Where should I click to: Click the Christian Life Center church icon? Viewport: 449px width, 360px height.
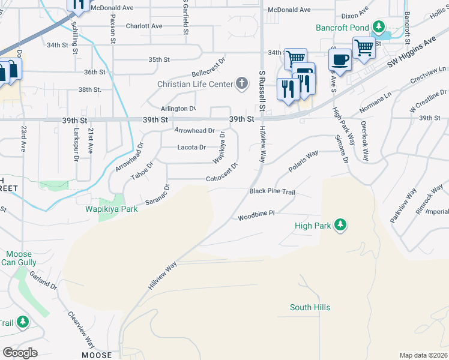242,83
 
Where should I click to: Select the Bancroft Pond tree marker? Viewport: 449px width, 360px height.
379,27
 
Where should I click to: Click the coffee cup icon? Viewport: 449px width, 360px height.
340,60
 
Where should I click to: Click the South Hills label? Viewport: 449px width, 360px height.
310,307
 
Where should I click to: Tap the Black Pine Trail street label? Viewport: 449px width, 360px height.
273,191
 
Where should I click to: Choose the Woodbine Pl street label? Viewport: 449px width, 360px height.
256,214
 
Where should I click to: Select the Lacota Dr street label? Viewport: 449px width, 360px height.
191,147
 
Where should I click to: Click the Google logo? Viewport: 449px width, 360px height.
20,353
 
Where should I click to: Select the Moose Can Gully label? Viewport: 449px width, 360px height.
19,259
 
